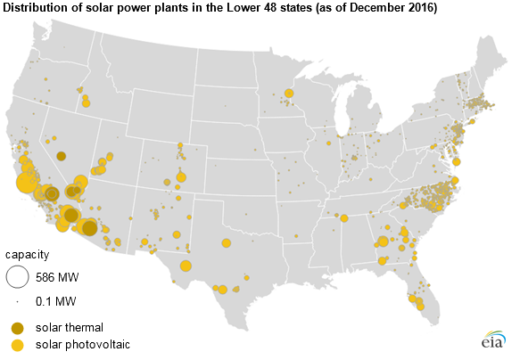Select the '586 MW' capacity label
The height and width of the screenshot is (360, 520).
click(57, 277)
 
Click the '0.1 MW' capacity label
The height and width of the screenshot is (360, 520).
click(55, 301)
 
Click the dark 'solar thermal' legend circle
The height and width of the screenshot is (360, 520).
click(18, 328)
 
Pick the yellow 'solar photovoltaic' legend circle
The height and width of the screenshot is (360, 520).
click(18, 345)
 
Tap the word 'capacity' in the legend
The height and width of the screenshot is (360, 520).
click(27, 255)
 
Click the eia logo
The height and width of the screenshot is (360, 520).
click(494, 340)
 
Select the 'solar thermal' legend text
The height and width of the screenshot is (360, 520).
click(70, 328)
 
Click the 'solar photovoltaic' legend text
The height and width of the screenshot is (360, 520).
click(83, 345)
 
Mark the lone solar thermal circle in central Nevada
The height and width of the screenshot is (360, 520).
click(61, 156)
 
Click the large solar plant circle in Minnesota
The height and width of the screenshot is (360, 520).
click(289, 94)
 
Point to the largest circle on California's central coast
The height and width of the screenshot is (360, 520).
click(27, 183)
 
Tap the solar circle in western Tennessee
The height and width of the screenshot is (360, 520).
click(344, 218)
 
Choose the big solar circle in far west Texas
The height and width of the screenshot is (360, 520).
click(186, 266)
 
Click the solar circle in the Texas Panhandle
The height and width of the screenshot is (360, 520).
click(226, 243)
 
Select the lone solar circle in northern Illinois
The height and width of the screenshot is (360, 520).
click(328, 143)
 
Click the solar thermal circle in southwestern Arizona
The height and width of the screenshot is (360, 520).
click(89, 228)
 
